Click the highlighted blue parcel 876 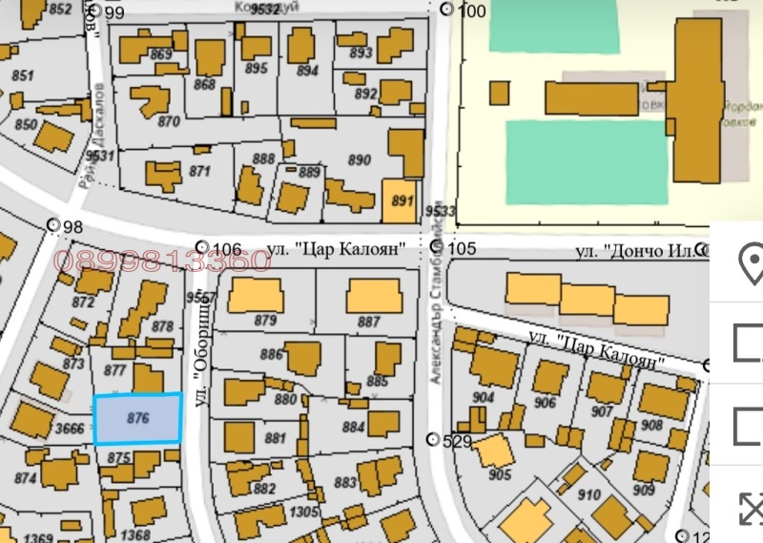click(x=137, y=418)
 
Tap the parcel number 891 click(x=402, y=201)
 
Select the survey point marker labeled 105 click(x=437, y=247)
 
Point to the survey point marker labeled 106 click(x=201, y=247)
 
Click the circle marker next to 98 click(x=52, y=225)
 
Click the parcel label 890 click(x=360, y=160)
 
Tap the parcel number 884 click(x=354, y=428)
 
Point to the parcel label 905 click(x=499, y=474)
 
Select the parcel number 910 click(x=589, y=495)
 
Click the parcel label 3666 click(x=70, y=429)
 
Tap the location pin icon click(x=751, y=261)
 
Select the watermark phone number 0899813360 click(x=162, y=260)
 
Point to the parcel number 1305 click(x=304, y=512)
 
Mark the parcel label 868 click(x=204, y=84)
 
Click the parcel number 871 click(x=199, y=172)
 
